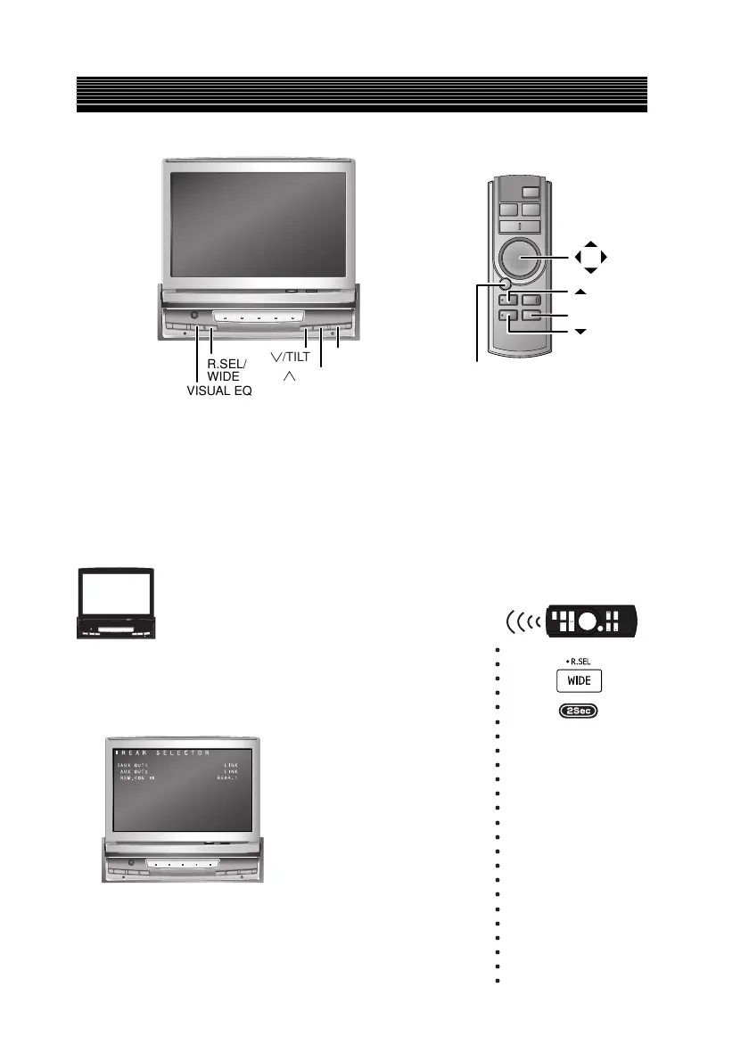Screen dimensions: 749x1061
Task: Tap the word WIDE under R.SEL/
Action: [222, 377]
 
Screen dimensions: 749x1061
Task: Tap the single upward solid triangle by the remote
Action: [580, 292]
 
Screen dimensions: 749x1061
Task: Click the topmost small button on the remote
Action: [531, 192]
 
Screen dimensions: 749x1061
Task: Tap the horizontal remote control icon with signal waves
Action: [570, 619]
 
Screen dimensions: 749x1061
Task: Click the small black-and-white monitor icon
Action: [113, 604]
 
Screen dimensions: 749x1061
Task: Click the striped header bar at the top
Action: [361, 95]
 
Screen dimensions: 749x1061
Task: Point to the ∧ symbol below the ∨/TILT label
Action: [288, 378]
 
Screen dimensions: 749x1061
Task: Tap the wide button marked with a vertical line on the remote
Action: [521, 226]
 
